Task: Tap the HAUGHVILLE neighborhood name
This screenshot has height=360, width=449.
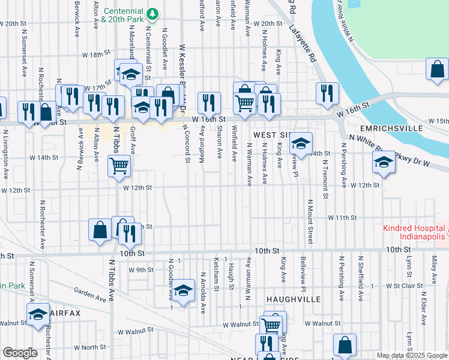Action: coord(294,298)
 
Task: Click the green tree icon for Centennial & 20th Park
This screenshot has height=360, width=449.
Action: coord(152,13)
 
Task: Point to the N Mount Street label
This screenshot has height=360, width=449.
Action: coord(310,222)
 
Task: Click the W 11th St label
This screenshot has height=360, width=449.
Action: coord(342,217)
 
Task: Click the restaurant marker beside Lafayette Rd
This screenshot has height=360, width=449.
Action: coord(328,94)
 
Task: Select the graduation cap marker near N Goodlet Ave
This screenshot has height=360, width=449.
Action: coord(185,291)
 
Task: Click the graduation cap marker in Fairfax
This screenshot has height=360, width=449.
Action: coord(37,315)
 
